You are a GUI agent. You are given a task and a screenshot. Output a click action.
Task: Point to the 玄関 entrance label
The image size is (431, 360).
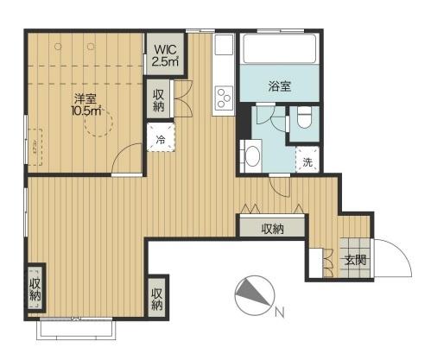(355, 259)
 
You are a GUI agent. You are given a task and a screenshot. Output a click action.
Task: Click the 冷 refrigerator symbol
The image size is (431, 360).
(160, 138)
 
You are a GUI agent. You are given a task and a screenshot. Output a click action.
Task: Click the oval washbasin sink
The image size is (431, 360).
(252, 155)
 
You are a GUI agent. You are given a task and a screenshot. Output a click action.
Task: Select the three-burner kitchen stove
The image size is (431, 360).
(223, 95)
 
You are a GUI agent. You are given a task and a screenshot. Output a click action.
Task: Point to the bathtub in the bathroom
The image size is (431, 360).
(279, 49)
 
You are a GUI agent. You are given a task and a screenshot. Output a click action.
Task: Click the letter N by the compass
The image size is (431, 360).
(278, 311)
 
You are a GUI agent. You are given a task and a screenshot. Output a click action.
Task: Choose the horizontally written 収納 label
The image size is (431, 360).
(272, 229)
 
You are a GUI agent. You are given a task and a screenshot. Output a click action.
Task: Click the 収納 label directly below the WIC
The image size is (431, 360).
(160, 100)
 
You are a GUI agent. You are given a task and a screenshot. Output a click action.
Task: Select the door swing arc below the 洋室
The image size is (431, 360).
(126, 160)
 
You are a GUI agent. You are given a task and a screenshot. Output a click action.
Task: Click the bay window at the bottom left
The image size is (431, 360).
(74, 327)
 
